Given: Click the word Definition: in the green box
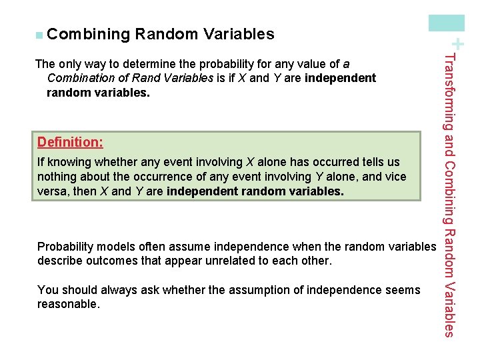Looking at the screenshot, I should [x=70, y=142].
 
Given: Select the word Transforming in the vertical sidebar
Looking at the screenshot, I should [x=449, y=93].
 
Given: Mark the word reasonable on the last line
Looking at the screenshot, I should [x=68, y=304].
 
